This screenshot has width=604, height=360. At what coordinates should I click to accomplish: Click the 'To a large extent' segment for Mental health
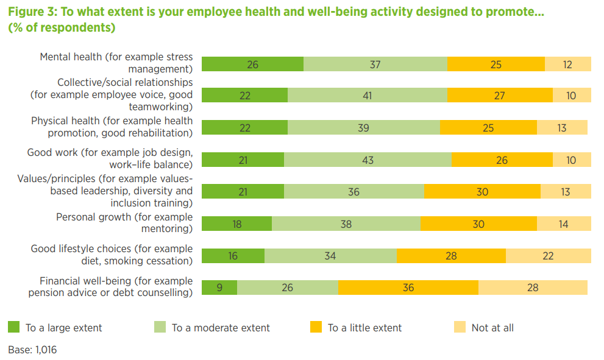point(252,64)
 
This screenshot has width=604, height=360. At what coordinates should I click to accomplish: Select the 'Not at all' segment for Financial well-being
point(533,288)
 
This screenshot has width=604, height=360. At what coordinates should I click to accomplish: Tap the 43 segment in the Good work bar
point(368,160)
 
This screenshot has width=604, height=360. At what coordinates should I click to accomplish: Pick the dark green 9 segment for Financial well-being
point(219,288)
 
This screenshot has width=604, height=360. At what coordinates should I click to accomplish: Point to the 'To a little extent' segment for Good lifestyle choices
point(451,256)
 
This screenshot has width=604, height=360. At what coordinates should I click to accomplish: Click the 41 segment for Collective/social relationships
point(367,96)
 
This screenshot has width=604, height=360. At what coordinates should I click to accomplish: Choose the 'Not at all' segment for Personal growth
point(563,224)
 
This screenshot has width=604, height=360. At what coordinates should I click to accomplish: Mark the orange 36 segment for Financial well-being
point(408,288)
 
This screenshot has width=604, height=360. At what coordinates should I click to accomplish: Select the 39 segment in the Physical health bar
point(363,128)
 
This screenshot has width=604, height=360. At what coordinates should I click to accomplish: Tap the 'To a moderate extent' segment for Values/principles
point(354,192)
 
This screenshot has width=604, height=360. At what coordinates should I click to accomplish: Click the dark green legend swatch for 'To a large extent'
point(13,328)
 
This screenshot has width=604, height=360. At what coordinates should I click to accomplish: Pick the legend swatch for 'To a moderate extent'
point(160,328)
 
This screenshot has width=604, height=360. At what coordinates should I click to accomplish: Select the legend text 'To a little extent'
point(364,328)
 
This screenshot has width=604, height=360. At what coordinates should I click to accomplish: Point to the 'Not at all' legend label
point(492,328)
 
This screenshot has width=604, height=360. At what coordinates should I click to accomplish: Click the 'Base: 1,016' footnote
point(32,350)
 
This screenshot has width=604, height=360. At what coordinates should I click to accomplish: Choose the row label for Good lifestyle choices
point(112,255)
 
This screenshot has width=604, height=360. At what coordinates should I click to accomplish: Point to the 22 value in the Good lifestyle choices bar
point(548,256)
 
